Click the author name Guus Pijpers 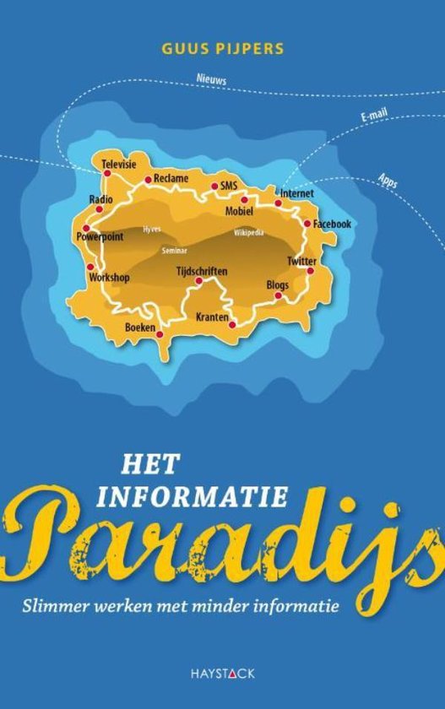[222, 50]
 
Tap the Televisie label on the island [119, 164]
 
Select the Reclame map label [171, 178]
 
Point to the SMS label [228, 185]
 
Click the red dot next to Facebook [307, 224]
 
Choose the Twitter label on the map [301, 261]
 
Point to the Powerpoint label [100, 237]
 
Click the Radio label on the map [101, 199]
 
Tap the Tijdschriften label [201, 271]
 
